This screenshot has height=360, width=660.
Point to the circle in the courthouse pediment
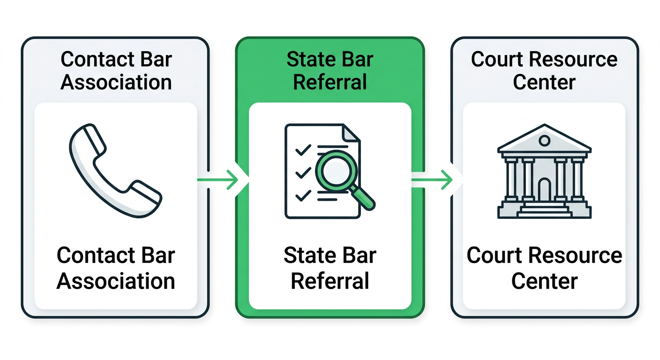point(544,140)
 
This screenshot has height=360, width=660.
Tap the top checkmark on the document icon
point(302,150)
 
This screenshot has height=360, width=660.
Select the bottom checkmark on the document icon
point(302,195)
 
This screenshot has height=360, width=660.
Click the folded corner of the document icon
point(352,133)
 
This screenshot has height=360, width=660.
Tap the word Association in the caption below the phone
point(116,281)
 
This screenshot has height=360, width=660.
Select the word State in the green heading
point(306,60)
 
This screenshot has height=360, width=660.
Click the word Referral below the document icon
point(330,281)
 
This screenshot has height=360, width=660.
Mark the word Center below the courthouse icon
point(544,281)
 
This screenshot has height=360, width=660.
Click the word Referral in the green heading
point(330,82)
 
